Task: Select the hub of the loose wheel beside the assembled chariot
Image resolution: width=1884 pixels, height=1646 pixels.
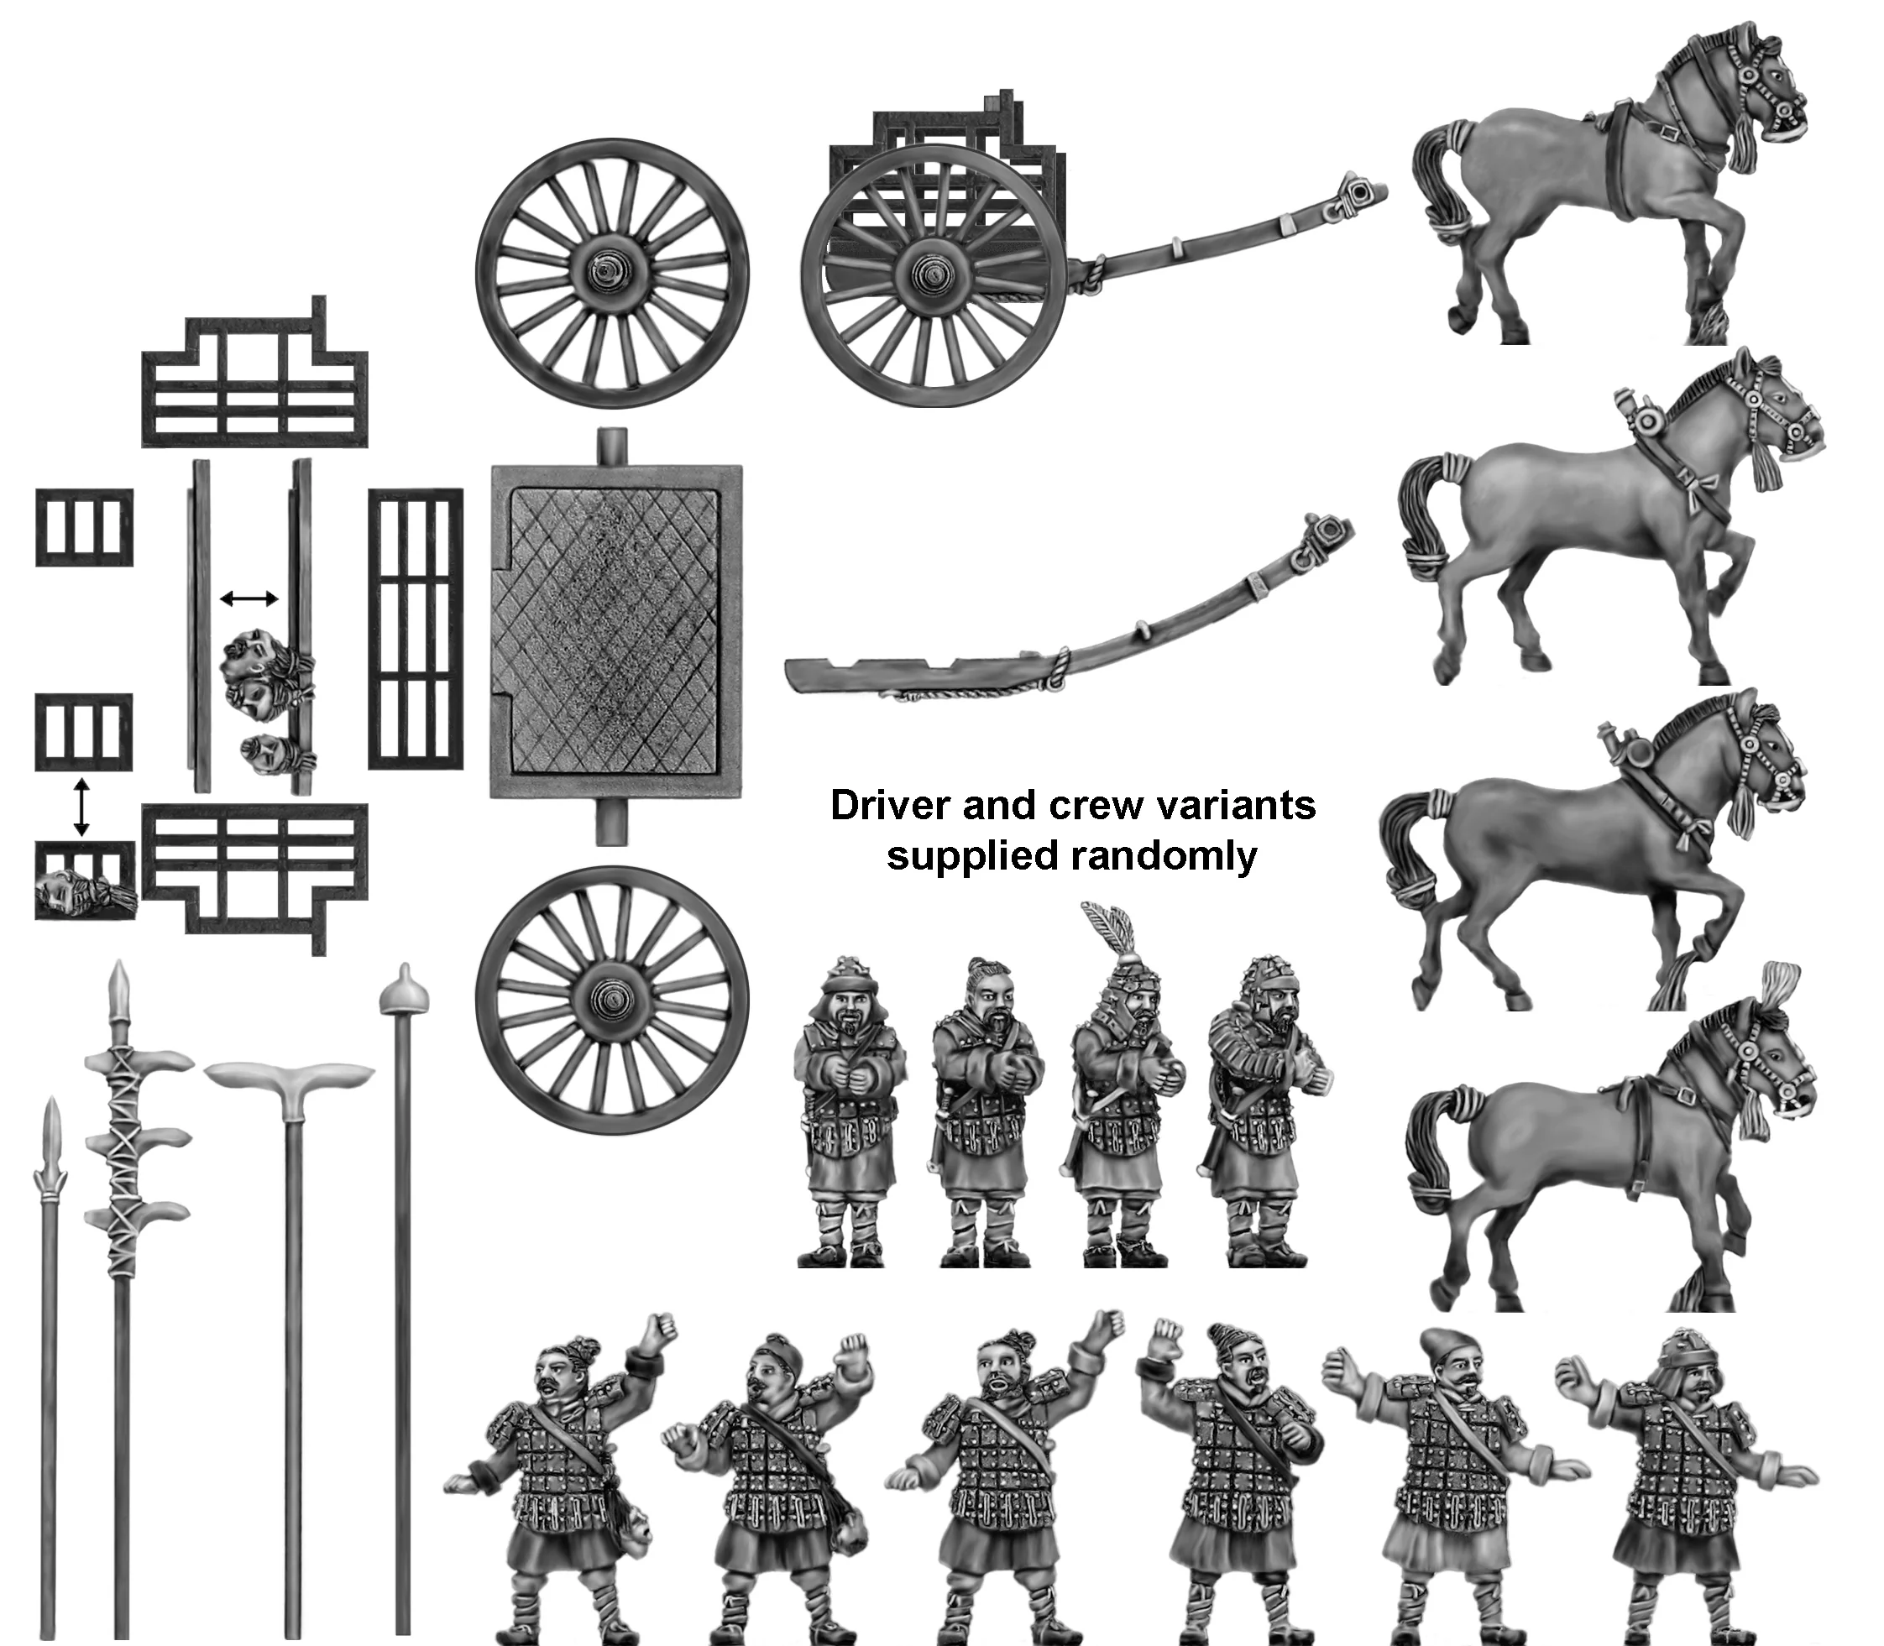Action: click(x=611, y=273)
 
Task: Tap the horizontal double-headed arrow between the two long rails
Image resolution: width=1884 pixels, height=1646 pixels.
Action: click(x=249, y=598)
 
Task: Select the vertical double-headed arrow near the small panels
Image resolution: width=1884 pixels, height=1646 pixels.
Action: click(x=81, y=807)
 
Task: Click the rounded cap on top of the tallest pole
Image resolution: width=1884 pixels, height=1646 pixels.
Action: click(x=404, y=987)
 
